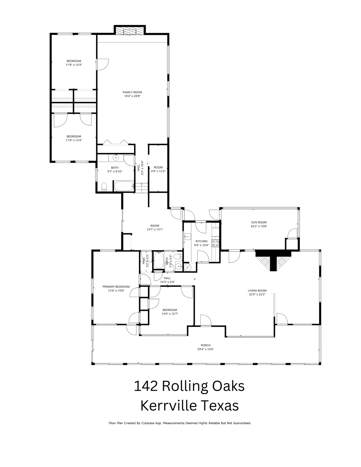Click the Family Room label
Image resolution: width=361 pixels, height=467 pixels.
pyautogui.click(x=132, y=92)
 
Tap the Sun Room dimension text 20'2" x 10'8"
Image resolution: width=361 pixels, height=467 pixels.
pyautogui.click(x=259, y=226)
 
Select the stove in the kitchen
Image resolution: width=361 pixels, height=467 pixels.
pyautogui.click(x=216, y=243)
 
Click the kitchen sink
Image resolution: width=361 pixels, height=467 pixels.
pyautogui.click(x=187, y=236)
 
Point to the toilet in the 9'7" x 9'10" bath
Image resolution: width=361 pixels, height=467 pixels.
pyautogui.click(x=104, y=187)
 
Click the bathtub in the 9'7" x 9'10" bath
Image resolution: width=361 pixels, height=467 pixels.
pyautogui.click(x=123, y=186)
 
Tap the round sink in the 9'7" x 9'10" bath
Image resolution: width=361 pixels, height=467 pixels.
pyautogui.click(x=116, y=157)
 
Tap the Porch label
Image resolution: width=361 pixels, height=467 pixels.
pyautogui.click(x=206, y=345)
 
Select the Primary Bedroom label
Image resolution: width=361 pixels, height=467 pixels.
pyautogui.click(x=116, y=287)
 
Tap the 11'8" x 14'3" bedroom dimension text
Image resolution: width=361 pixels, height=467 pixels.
pyautogui.click(x=74, y=65)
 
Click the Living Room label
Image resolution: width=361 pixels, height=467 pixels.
pyautogui.click(x=257, y=291)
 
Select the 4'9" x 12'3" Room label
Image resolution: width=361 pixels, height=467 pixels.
pyautogui.click(x=158, y=167)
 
